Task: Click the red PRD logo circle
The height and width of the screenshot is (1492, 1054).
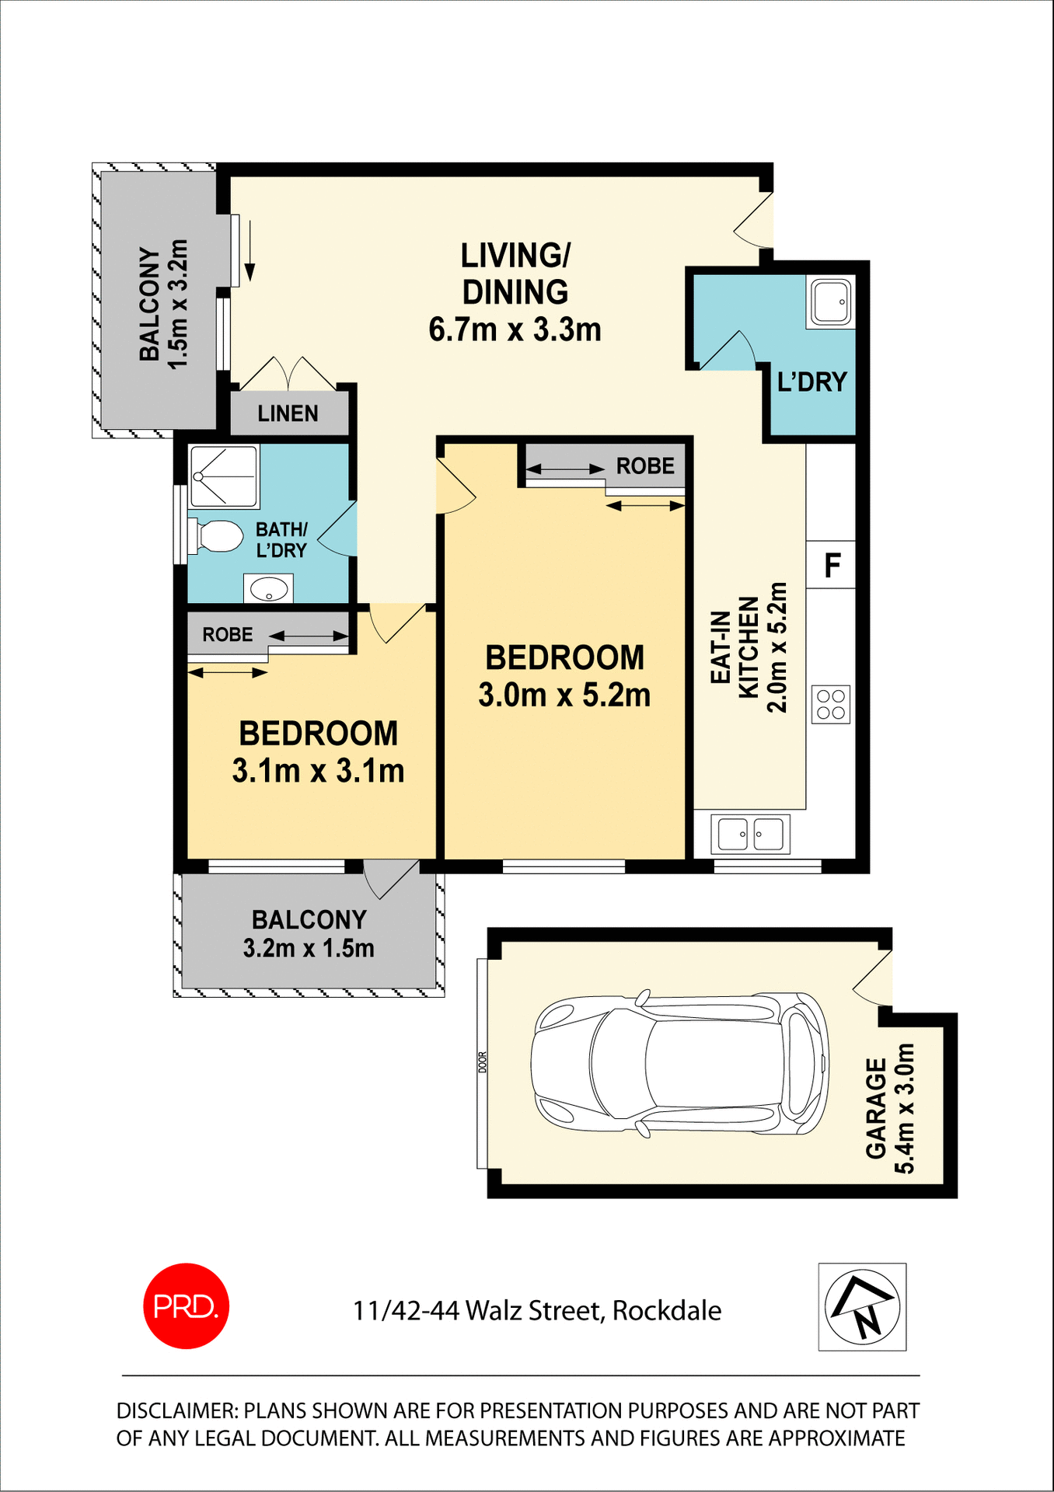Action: pyautogui.click(x=186, y=1305)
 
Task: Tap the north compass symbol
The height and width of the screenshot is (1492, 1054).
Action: pyautogui.click(x=861, y=1307)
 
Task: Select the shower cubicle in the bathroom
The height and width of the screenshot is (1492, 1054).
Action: pyautogui.click(x=224, y=476)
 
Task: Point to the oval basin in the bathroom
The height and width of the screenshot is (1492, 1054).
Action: pyautogui.click(x=268, y=588)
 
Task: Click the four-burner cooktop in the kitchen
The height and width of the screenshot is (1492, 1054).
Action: pyautogui.click(x=830, y=704)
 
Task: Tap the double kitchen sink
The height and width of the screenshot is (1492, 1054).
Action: pyautogui.click(x=750, y=835)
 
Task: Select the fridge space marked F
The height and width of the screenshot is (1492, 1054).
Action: pyautogui.click(x=832, y=565)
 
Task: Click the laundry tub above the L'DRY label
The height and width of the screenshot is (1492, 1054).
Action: pyautogui.click(x=830, y=302)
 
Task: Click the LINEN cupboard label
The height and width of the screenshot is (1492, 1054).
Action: pyautogui.click(x=288, y=413)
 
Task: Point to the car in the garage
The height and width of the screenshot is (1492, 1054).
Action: pyautogui.click(x=679, y=1064)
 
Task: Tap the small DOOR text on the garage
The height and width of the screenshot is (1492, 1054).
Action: pyautogui.click(x=482, y=1062)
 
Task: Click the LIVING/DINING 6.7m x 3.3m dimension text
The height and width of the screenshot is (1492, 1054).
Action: pyautogui.click(x=515, y=329)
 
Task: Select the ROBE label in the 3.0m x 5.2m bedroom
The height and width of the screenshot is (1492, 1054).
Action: pyautogui.click(x=644, y=466)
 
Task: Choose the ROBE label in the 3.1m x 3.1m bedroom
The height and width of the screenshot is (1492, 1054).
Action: pyautogui.click(x=228, y=635)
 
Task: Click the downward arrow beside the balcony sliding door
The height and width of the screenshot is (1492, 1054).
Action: pyautogui.click(x=250, y=250)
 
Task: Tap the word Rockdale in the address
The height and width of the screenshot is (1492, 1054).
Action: pyautogui.click(x=666, y=1311)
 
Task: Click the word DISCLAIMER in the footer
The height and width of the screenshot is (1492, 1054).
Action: pyautogui.click(x=176, y=1410)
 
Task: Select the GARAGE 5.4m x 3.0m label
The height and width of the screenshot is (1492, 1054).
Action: pyautogui.click(x=890, y=1108)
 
